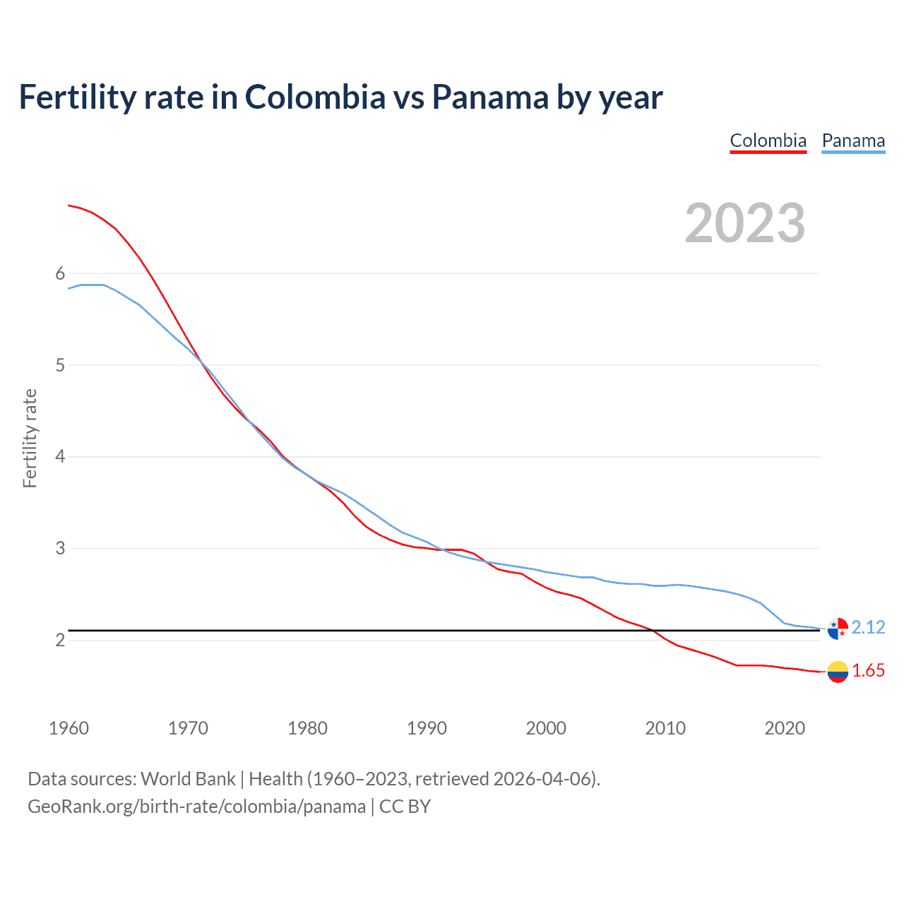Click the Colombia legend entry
click(x=768, y=141)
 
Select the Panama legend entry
click(x=853, y=141)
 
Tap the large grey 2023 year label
click(x=745, y=223)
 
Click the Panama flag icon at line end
click(x=838, y=628)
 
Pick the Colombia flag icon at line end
click(x=838, y=672)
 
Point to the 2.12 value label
click(x=868, y=627)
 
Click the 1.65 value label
click(x=868, y=671)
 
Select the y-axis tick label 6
click(x=60, y=274)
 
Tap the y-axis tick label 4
click(x=60, y=457)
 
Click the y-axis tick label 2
click(x=60, y=640)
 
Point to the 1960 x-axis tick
click(x=69, y=728)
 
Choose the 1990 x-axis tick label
click(x=427, y=728)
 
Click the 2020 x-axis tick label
click(x=785, y=728)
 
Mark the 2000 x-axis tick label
click(x=546, y=728)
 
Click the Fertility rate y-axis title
click(x=30, y=438)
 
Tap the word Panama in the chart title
click(x=490, y=97)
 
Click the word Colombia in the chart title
click(x=315, y=97)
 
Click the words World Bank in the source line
click(x=188, y=779)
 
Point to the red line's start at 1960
click(x=69, y=206)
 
